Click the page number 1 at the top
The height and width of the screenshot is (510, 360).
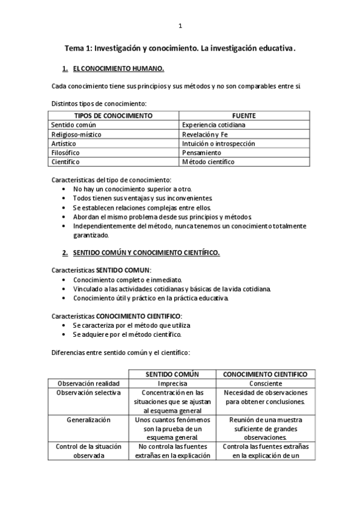[x=180, y=26]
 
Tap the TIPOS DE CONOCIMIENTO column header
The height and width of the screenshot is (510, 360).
[x=113, y=115]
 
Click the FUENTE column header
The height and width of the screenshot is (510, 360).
[x=244, y=115]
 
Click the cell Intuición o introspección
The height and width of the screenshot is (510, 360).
[x=218, y=144]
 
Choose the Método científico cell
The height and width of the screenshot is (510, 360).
[x=208, y=162]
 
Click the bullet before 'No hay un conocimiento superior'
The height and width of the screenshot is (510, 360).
[x=65, y=189]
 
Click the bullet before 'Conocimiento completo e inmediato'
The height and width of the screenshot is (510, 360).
[x=65, y=280]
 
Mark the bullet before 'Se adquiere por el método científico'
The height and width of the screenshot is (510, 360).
[x=65, y=334]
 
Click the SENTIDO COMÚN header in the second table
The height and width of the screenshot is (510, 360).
[x=172, y=374]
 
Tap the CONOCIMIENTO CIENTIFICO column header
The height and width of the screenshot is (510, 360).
[x=265, y=374]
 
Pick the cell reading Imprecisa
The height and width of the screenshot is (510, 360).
[x=172, y=383]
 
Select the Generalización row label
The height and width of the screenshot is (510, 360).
[x=88, y=420]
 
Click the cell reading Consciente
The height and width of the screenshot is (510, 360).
[x=265, y=383]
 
